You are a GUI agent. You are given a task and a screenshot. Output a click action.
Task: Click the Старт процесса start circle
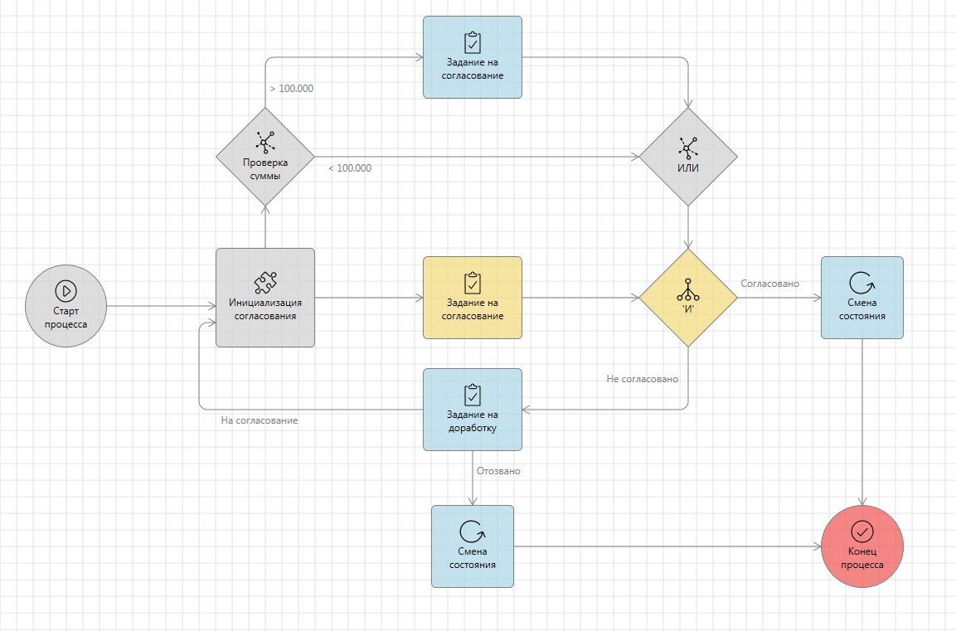point(66,306)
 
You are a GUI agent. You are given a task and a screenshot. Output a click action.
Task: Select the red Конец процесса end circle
point(862,546)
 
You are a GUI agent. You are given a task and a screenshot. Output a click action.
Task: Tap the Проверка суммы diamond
point(265,156)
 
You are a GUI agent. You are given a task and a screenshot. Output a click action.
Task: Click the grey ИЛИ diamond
point(688,156)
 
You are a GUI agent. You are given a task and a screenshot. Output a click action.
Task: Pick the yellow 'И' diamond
point(688,298)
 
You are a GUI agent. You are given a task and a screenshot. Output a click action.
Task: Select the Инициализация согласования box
point(265,298)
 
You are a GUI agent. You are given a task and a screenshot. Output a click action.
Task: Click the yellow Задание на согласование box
point(473,298)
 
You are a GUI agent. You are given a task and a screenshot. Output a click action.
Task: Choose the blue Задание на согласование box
point(473,57)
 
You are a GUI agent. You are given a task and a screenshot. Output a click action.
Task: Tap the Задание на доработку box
point(473,410)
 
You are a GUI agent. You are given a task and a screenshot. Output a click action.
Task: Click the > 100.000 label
point(292,89)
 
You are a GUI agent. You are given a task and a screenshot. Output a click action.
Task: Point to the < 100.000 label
point(350,168)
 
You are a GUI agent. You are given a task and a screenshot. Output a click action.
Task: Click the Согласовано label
point(769,284)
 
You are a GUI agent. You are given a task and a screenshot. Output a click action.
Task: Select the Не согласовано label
point(643,379)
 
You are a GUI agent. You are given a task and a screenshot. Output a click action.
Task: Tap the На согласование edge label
point(260,420)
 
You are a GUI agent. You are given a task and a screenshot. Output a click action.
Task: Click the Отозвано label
point(498,471)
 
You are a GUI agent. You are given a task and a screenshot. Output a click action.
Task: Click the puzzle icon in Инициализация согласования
point(265,283)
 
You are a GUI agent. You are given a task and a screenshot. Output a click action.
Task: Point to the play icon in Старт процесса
point(66,290)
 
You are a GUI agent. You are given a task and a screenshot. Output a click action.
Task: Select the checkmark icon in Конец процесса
point(862,531)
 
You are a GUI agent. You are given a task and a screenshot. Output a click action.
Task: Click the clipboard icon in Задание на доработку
point(473,394)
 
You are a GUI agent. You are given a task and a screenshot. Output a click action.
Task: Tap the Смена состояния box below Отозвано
point(473,546)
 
